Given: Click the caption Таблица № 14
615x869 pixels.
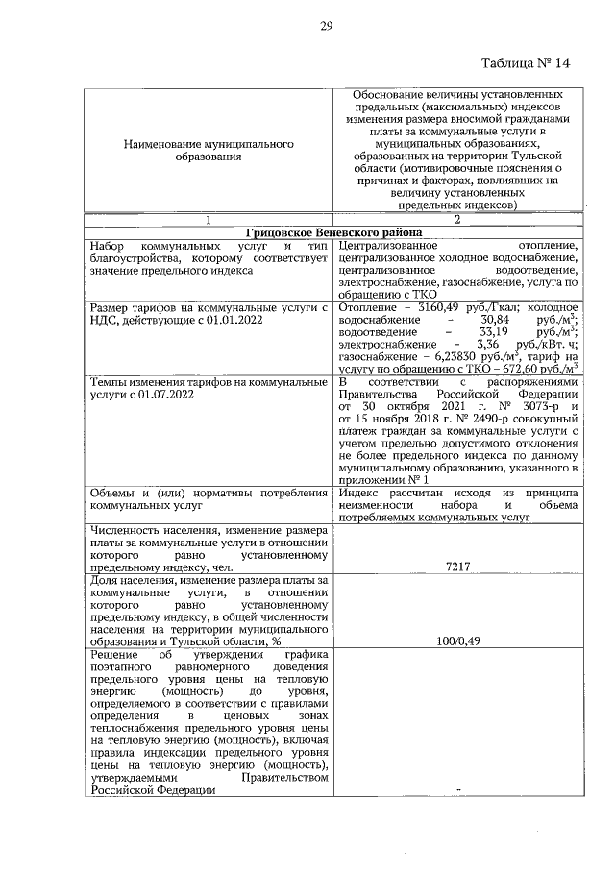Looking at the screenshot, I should pos(527,62).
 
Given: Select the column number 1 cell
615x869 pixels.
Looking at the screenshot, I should pos(208,219).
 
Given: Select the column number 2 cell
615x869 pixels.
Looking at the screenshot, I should pos(457,219).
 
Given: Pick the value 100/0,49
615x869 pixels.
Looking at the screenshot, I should pos(457,640).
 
